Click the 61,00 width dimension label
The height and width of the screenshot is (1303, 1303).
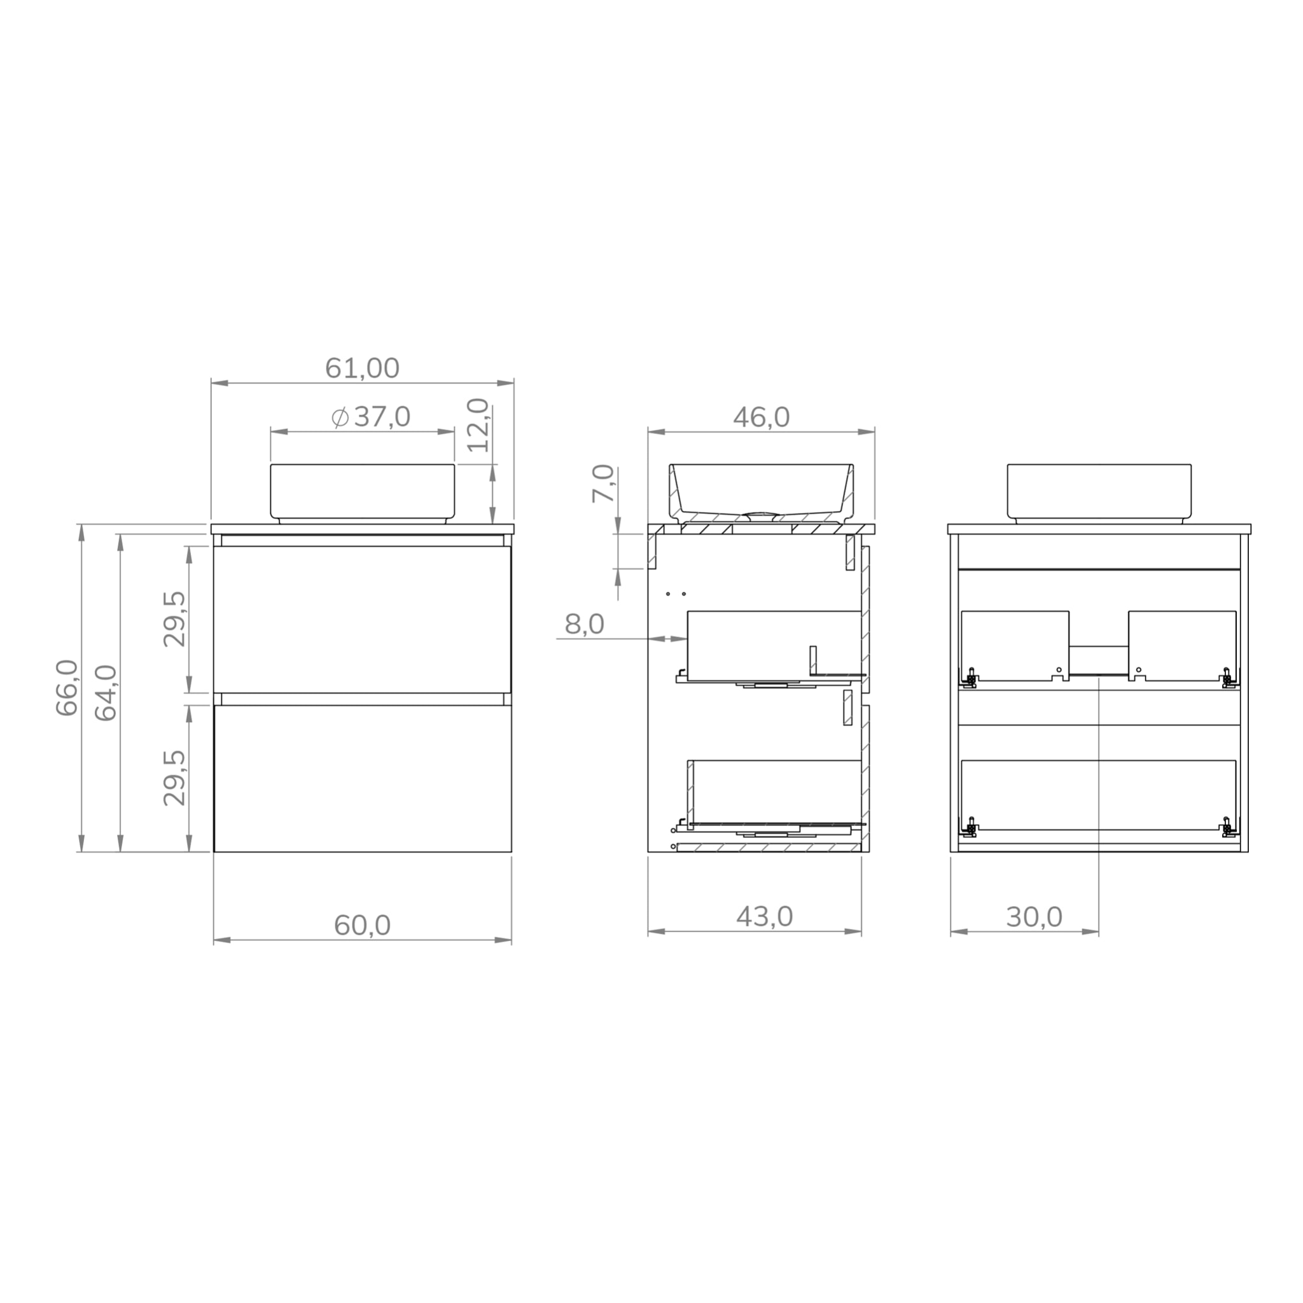[362, 368]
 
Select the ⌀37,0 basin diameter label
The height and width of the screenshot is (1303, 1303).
[371, 417]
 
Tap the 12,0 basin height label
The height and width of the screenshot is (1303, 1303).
[478, 425]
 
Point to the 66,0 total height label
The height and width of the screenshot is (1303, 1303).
[67, 687]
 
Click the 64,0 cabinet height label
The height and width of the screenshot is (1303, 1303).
[106, 693]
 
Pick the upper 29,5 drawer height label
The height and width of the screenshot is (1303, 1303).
[174, 618]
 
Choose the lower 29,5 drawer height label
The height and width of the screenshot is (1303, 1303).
[174, 777]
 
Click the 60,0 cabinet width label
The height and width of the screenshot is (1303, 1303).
[362, 924]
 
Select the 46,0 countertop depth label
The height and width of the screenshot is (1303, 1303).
[761, 417]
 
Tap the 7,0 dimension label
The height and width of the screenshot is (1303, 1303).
[604, 483]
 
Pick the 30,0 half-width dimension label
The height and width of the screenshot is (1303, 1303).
[1034, 917]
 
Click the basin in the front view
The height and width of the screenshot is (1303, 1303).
[362, 492]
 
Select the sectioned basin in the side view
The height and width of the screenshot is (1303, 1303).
[761, 489]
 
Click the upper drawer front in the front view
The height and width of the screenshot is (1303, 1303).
[362, 619]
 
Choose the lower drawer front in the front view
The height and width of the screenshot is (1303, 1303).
[362, 778]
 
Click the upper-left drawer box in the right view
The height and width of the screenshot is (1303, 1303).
[1014, 644]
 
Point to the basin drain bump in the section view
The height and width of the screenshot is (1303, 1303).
[761, 515]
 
